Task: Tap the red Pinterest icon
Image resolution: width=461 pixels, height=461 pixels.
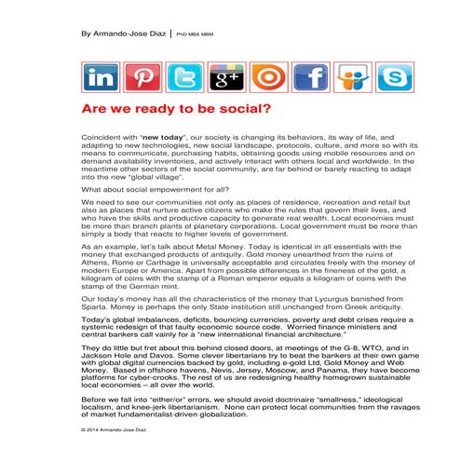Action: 142,78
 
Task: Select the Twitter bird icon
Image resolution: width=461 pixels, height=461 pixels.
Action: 183,78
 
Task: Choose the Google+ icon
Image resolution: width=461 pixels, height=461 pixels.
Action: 225,78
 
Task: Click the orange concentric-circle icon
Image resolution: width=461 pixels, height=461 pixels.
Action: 268,78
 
